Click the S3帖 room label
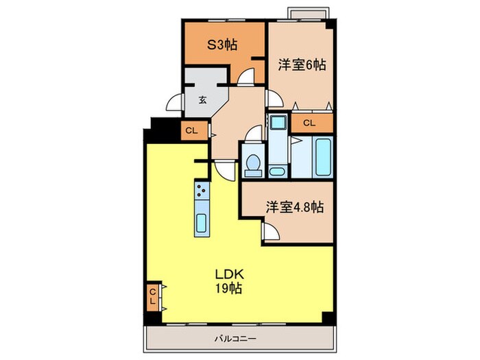[x=223, y=45]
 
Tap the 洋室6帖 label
[x=302, y=65]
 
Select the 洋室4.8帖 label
[x=295, y=206]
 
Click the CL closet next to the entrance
[x=191, y=130]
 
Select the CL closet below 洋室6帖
[x=309, y=123]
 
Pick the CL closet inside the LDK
[x=152, y=298]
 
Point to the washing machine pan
[x=279, y=124]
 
